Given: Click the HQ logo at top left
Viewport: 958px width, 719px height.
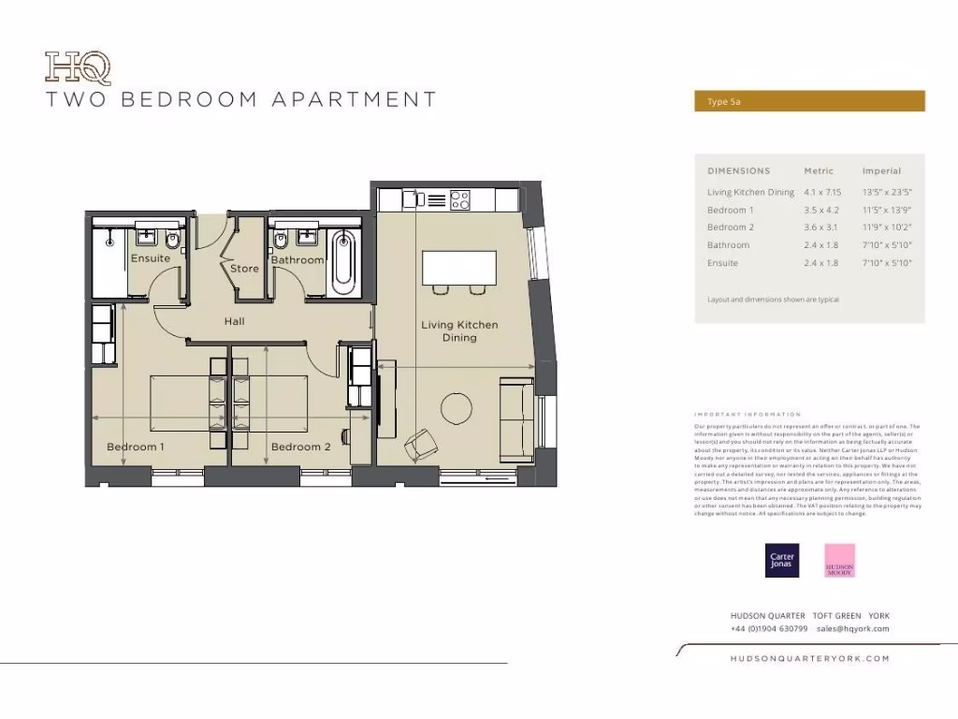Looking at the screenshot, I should point(78,68).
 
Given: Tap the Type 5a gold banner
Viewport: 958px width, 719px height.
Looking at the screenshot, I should point(809,101).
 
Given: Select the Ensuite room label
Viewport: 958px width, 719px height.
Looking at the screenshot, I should point(151,258).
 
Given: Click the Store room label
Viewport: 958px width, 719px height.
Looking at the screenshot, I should point(244,269).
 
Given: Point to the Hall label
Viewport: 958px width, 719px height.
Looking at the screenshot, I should point(234,321).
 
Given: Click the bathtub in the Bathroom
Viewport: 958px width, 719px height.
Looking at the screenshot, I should point(343,259).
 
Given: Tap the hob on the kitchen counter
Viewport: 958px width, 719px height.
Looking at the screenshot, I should point(459,199).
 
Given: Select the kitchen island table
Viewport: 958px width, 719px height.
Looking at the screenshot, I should point(459,268).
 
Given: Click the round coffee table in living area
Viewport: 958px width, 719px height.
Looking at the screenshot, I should point(457,409).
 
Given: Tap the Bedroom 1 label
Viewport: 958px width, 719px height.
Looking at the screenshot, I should point(136,447).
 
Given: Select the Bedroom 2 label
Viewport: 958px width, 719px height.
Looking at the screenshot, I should point(300,447).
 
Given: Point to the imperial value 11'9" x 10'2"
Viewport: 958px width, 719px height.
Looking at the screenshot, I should point(886,227).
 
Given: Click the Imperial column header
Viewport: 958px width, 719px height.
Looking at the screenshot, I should point(881,171).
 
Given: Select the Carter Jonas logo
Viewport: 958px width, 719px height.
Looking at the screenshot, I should point(781,560).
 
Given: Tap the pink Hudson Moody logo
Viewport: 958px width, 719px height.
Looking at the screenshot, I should point(839,560).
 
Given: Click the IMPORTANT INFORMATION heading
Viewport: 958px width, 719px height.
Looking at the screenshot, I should point(748,414).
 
